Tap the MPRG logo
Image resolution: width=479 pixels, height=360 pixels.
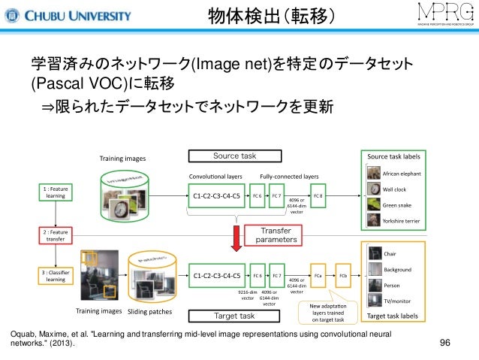point(437,15)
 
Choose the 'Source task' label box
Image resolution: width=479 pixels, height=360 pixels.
point(234,156)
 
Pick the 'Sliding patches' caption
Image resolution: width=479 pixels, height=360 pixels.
point(151,312)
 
